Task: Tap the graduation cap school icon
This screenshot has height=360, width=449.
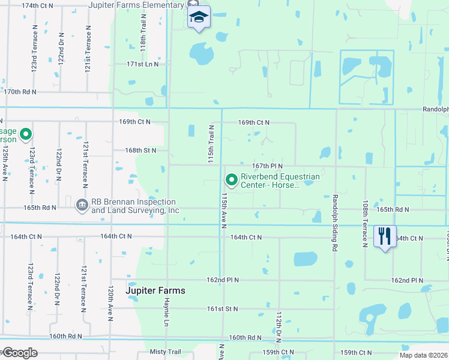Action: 199,17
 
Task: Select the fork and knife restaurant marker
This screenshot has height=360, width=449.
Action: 384,235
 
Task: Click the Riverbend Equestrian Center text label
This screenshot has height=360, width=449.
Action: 280,181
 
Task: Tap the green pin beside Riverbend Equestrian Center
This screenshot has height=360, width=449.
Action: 231,179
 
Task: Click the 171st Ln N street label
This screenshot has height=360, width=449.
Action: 142,64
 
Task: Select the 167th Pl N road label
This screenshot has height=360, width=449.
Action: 267,166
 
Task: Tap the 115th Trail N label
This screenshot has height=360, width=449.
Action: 211,145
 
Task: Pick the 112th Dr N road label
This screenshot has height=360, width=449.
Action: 279,328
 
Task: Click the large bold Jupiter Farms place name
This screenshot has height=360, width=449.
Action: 155,290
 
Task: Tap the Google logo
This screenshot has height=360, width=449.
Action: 19,352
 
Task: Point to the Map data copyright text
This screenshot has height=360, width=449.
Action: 424,356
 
